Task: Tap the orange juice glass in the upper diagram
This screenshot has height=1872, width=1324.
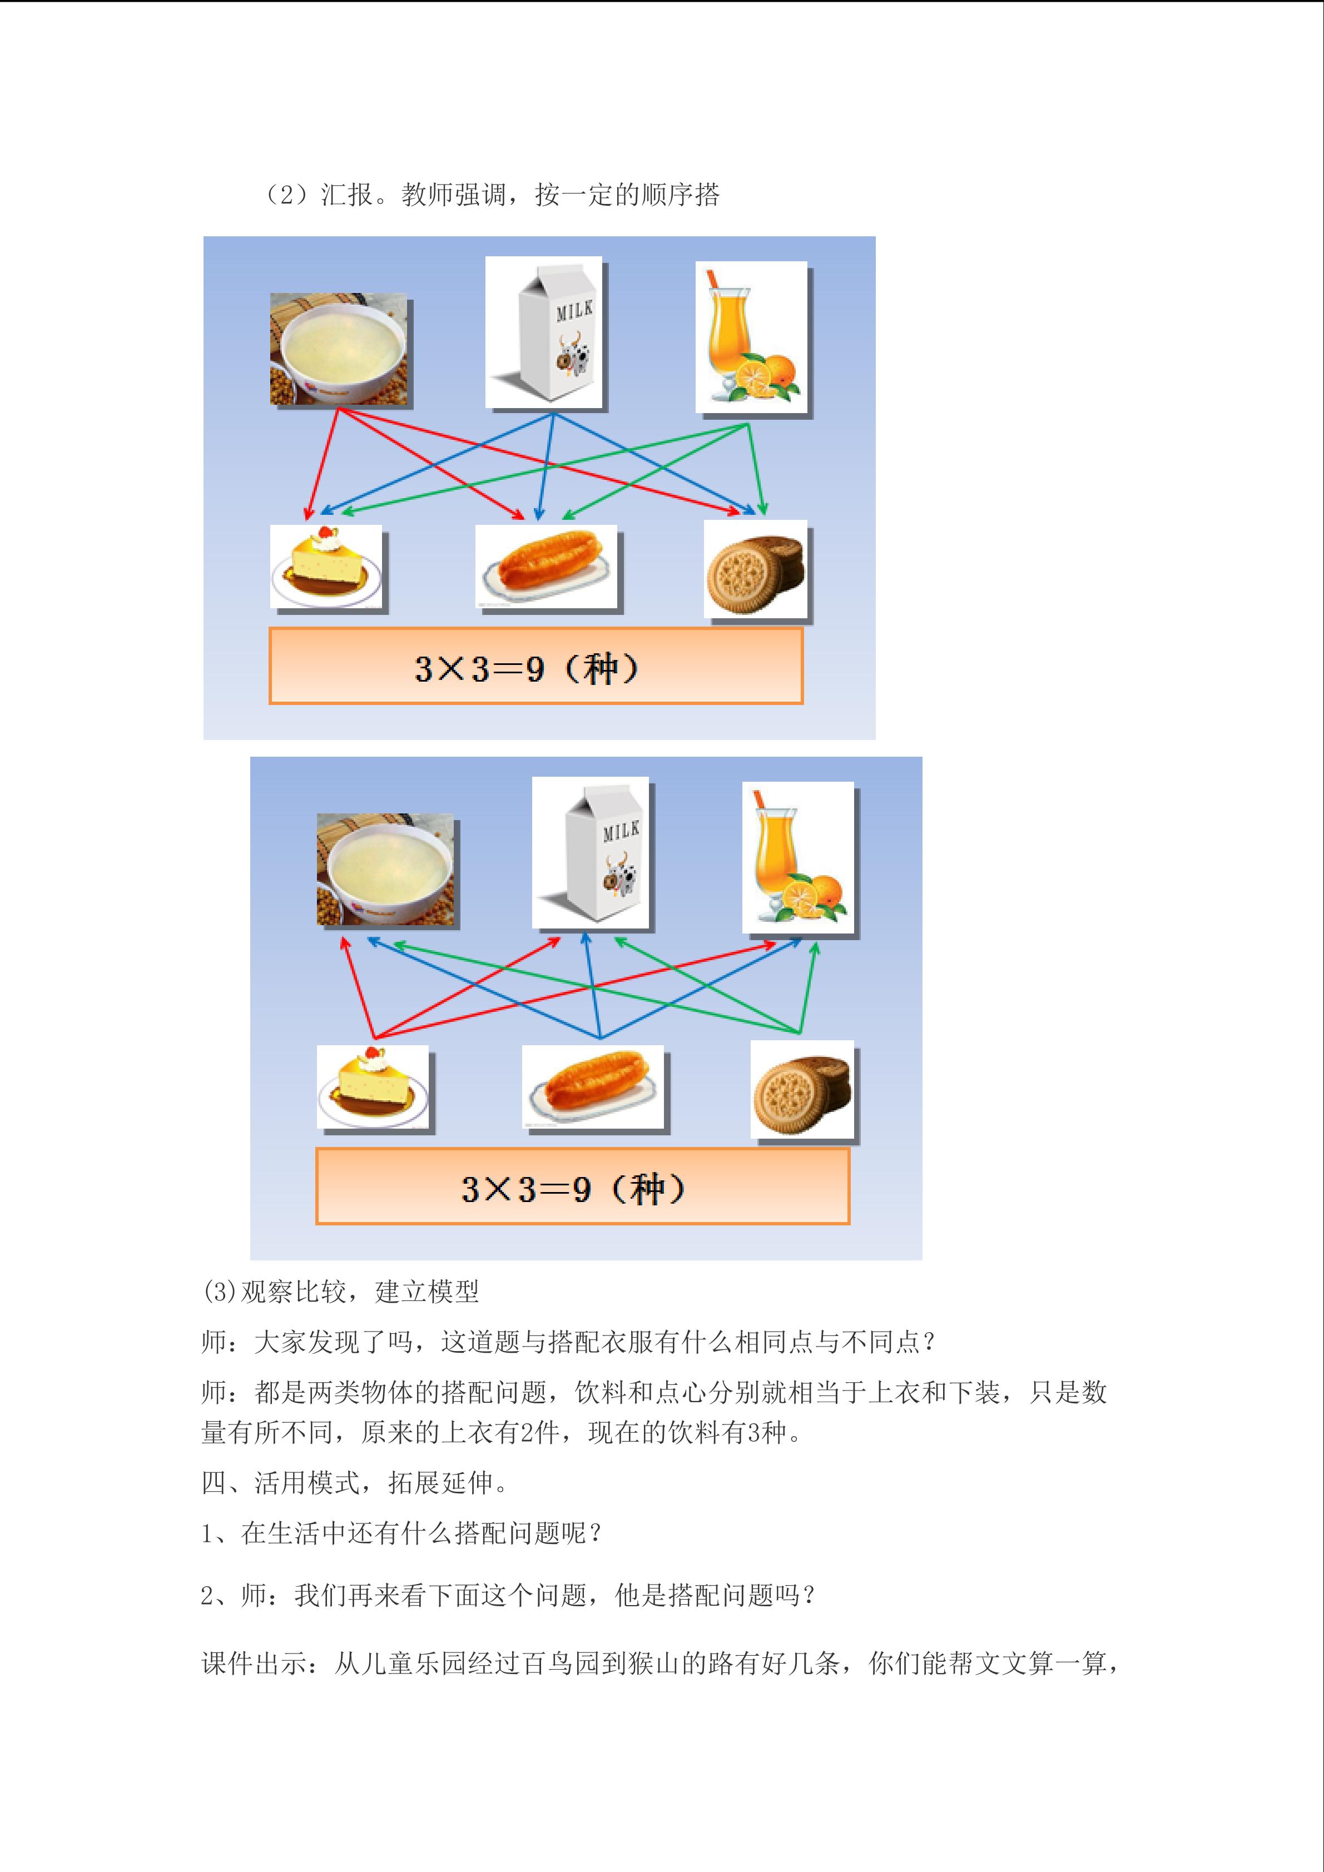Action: coord(750,336)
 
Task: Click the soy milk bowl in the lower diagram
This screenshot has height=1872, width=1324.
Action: coord(385,868)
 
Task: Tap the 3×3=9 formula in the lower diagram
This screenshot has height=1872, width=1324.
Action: coord(573,1189)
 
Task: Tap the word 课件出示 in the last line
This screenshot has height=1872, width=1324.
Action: coord(254,1664)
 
